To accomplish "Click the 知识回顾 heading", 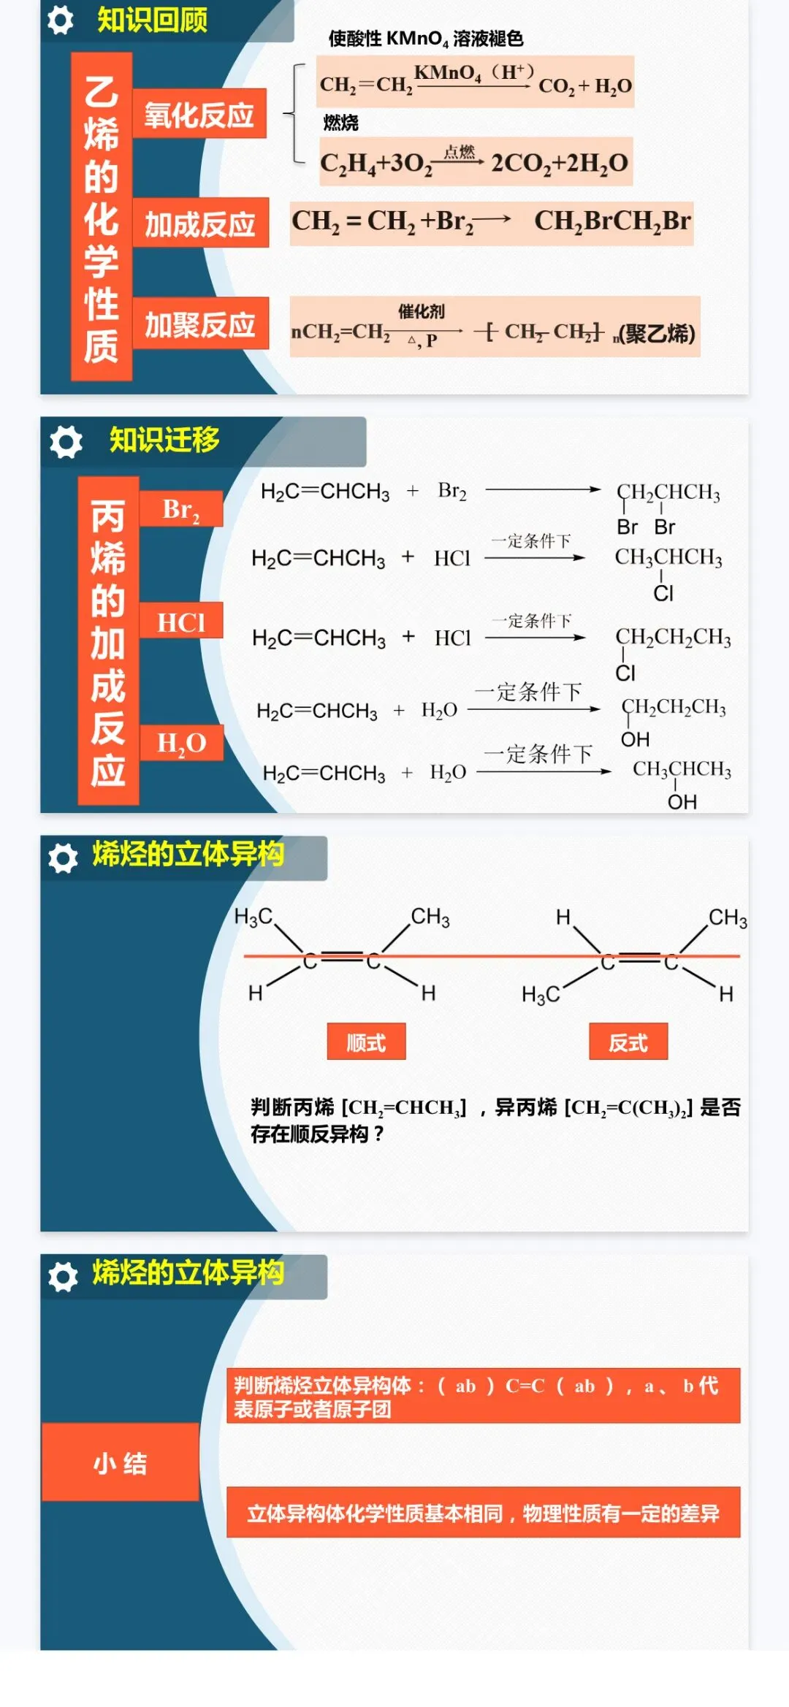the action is click(x=152, y=20).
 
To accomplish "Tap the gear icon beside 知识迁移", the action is click(x=66, y=442).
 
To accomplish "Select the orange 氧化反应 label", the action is click(x=199, y=114).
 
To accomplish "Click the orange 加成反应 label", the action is click(x=199, y=224).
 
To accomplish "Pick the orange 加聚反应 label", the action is click(x=199, y=324).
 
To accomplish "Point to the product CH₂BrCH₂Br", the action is click(x=611, y=221).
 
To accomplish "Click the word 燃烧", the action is click(x=341, y=123).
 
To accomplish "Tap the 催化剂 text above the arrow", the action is click(x=421, y=312).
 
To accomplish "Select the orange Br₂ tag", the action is click(x=180, y=509).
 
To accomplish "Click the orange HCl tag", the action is click(x=180, y=622).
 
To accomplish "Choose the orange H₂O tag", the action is click(x=181, y=742).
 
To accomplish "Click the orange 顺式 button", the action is click(x=366, y=1042).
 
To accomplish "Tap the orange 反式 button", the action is click(x=628, y=1042).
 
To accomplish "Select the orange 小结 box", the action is click(x=121, y=1463).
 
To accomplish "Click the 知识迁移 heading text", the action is click(x=164, y=440).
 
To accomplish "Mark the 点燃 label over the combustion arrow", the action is click(x=460, y=152).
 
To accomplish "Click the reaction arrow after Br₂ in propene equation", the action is click(x=542, y=489).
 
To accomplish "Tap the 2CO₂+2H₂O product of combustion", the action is click(x=559, y=163).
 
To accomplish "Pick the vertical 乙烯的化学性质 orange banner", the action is click(x=102, y=217).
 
